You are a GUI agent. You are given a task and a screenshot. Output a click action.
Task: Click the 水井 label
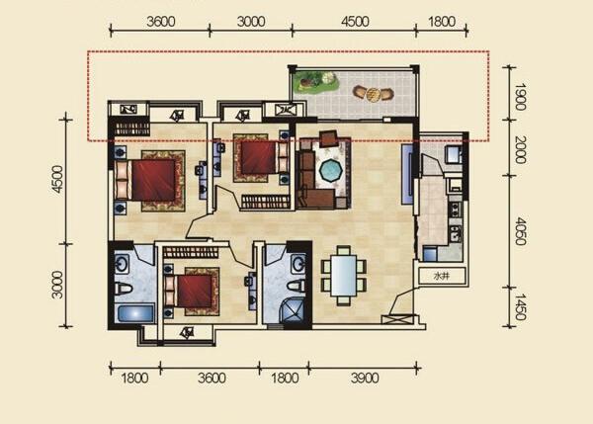[x=442, y=276]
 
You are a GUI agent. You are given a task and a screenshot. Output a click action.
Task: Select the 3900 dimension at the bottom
[x=365, y=378]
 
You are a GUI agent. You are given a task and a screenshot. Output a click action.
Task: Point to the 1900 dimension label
[x=521, y=97]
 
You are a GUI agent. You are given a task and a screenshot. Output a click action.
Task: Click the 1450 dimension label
[x=521, y=306]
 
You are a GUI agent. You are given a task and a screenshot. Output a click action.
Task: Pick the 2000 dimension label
[x=521, y=150]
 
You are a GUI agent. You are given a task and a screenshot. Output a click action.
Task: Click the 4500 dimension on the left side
[x=58, y=179]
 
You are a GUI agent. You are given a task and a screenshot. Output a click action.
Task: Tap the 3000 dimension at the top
[x=251, y=22]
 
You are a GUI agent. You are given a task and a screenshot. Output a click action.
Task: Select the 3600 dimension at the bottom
[x=212, y=378]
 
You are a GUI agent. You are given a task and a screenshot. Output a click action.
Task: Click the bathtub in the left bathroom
[x=134, y=314]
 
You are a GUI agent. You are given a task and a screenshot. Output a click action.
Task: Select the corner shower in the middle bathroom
[x=295, y=309]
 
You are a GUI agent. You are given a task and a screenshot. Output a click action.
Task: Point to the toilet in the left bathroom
[x=124, y=289]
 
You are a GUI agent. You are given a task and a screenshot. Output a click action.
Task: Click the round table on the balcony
[x=373, y=94]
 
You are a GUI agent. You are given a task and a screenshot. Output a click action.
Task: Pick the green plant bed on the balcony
[x=314, y=82]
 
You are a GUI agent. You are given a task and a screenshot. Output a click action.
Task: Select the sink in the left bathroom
[x=123, y=263]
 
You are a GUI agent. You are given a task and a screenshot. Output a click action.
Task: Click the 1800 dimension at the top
[x=442, y=22]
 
